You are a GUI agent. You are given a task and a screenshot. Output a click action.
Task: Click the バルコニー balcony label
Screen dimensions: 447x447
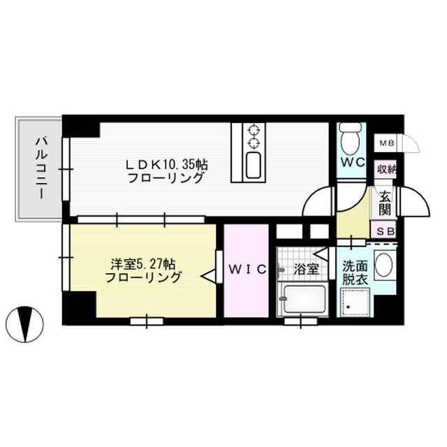tap(40, 168)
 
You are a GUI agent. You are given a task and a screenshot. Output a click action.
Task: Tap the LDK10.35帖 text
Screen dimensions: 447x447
tap(167, 164)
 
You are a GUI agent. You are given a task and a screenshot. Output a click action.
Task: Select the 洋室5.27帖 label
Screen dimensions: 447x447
tap(142, 265)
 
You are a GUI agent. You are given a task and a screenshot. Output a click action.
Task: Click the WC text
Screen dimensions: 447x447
tap(353, 163)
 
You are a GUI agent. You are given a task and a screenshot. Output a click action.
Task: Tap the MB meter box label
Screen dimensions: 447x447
tap(387, 143)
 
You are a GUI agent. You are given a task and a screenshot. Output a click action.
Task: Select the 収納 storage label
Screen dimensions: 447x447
tap(386, 170)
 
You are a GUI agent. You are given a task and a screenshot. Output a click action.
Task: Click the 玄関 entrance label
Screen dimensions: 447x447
tap(385, 203)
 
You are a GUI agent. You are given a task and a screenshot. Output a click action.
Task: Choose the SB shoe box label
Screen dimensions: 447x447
tap(386, 232)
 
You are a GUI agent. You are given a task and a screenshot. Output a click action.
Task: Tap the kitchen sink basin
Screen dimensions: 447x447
tap(253, 166)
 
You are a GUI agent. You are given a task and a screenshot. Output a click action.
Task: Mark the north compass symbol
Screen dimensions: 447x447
tap(25, 324)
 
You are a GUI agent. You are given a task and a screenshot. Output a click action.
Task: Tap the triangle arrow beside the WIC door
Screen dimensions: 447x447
tap(208, 276)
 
